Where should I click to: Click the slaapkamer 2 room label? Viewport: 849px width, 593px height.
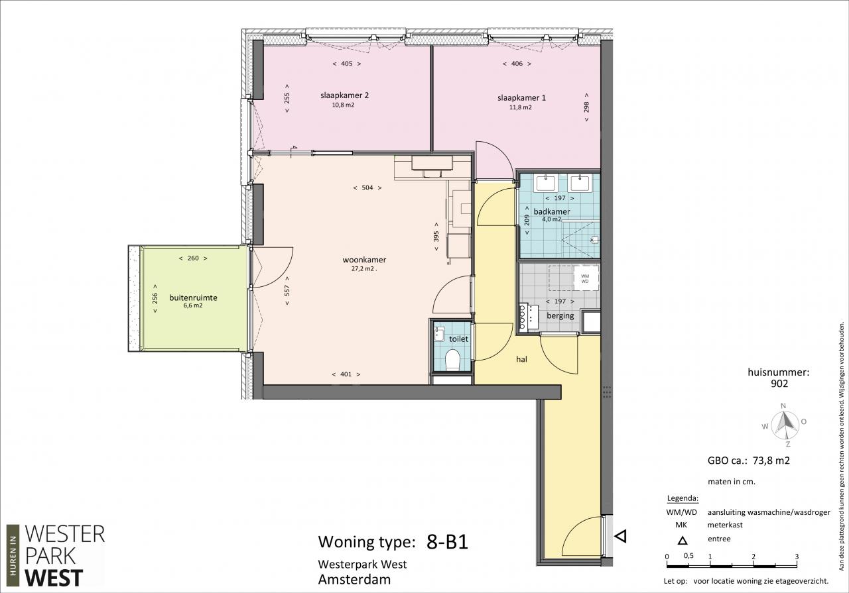coord(344,95)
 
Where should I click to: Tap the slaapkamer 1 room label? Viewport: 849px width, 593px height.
coord(521,98)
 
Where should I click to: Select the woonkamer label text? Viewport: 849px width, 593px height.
coord(364,260)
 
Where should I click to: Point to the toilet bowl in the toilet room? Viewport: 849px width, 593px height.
coord(452,359)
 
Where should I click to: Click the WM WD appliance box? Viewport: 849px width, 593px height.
coord(585,278)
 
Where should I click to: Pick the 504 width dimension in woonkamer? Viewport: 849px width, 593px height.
coord(367,188)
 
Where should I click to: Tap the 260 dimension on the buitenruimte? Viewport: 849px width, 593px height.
coord(193,258)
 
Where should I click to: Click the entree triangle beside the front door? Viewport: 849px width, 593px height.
coord(620,536)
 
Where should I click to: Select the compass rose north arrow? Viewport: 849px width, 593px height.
coord(783,423)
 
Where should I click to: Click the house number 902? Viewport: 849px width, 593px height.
coord(779,384)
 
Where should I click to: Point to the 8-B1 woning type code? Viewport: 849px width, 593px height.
coord(447,542)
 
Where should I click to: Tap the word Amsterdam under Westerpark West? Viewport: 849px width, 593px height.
coord(354,580)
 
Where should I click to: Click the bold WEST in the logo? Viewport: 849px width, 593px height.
coord(54,578)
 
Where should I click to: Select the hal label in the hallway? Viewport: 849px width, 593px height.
coord(521,359)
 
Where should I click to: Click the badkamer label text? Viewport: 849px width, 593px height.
coord(551,211)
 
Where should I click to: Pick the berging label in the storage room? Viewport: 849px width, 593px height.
coord(560,316)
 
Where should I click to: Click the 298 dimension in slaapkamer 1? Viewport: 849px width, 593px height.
coord(586,107)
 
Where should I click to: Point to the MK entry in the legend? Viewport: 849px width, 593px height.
coord(681,525)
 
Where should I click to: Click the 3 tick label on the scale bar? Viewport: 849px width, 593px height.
coord(797,557)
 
